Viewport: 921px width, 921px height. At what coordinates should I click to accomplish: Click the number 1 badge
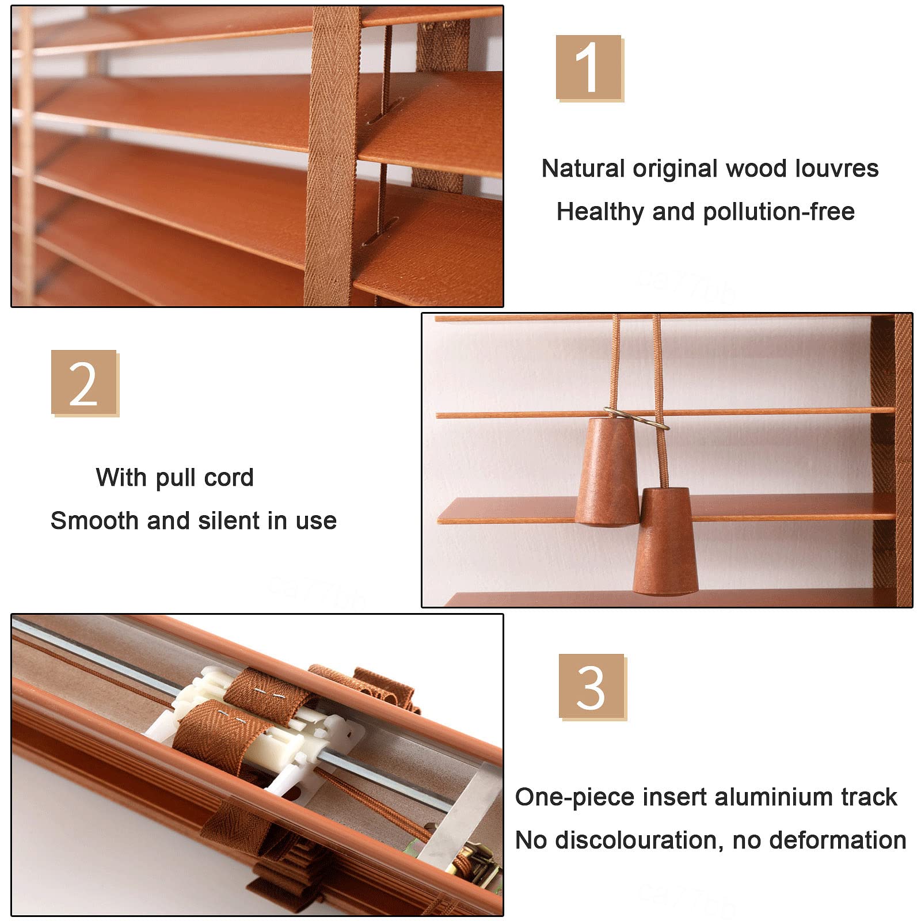(589, 68)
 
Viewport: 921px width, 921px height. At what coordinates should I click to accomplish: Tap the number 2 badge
(84, 383)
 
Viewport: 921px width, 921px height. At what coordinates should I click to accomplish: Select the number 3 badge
(592, 687)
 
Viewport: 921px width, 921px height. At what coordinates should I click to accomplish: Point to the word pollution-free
(779, 212)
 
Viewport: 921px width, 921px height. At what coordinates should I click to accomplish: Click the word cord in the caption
(229, 478)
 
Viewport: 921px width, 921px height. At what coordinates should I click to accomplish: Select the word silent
(229, 521)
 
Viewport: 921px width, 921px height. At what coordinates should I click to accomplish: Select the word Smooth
(95, 521)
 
